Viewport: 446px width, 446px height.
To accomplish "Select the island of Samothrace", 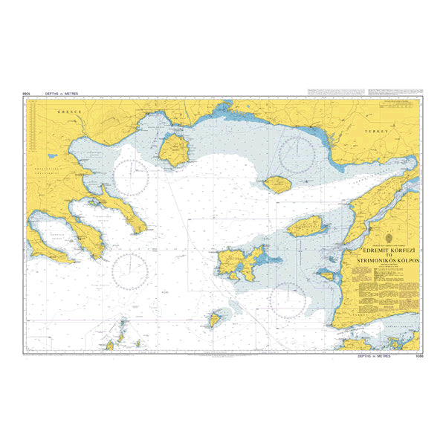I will click(x=277, y=184).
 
